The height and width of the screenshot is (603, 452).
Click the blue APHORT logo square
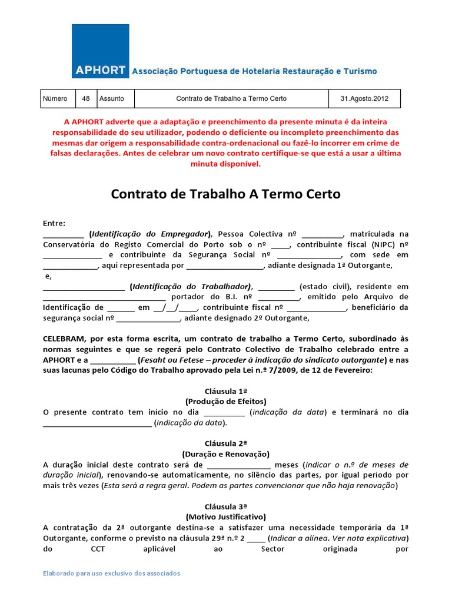[100, 51]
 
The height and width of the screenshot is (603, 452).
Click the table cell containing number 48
[86, 99]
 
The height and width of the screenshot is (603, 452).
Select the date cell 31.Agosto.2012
[368, 99]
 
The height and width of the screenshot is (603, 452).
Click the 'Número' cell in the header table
[55, 99]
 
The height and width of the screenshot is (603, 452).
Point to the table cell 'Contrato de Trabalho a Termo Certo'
[231, 99]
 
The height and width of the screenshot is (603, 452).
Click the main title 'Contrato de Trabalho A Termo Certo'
[225, 194]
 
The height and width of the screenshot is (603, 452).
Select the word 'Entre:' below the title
[54, 223]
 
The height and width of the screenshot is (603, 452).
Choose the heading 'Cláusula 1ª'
[225, 391]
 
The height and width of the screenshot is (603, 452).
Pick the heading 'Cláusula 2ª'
[225, 443]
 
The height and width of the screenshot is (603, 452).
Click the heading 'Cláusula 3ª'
[225, 506]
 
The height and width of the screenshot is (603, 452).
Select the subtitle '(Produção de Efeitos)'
[225, 401]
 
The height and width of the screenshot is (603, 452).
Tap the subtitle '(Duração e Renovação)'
[225, 454]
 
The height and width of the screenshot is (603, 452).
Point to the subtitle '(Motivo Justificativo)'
[225, 517]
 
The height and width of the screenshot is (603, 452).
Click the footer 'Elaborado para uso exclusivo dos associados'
[112, 574]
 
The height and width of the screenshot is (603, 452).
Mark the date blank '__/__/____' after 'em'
[176, 308]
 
